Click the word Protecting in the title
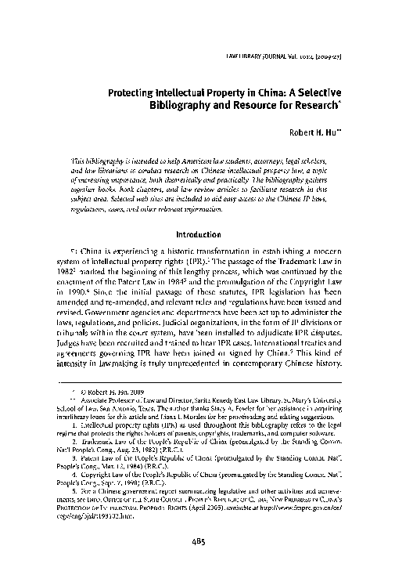click(x=134, y=92)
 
